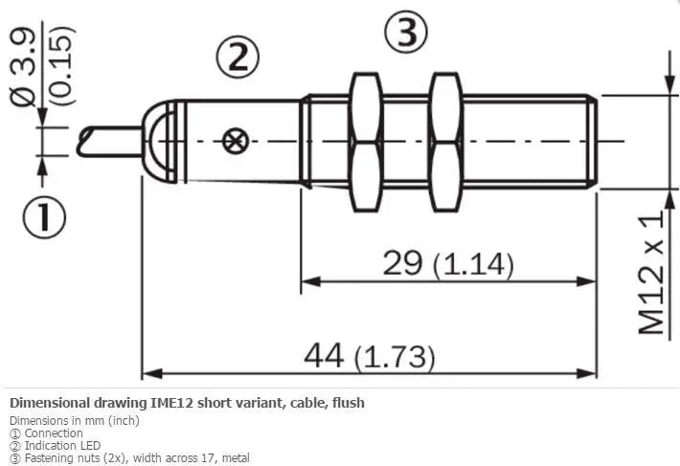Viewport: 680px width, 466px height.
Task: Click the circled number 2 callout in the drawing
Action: tap(238, 57)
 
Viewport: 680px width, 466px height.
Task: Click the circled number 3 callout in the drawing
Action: tap(406, 32)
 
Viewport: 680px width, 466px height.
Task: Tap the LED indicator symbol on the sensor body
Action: tap(235, 142)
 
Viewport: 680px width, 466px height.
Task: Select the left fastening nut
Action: tap(366, 142)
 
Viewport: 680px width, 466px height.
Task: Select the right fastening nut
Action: tap(445, 142)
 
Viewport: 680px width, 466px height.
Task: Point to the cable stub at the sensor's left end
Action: tap(110, 142)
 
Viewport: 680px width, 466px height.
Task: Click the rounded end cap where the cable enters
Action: tap(159, 142)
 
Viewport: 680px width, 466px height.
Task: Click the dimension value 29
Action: tap(402, 262)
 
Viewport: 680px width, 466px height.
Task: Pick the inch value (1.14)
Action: tap(473, 265)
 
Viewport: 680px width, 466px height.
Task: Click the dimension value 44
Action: tap(324, 355)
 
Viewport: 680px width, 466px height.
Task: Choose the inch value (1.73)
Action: tap(395, 357)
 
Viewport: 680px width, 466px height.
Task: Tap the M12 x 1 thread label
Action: tap(651, 272)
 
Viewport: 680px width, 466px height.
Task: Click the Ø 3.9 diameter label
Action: tap(23, 68)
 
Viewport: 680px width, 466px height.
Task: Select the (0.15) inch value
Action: tap(60, 65)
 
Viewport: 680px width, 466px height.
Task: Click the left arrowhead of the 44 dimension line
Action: tap(152, 373)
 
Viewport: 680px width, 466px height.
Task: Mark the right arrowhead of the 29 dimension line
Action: tap(587, 281)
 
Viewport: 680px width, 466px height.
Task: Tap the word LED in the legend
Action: tap(90, 445)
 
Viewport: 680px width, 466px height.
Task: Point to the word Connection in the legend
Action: tap(54, 433)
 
